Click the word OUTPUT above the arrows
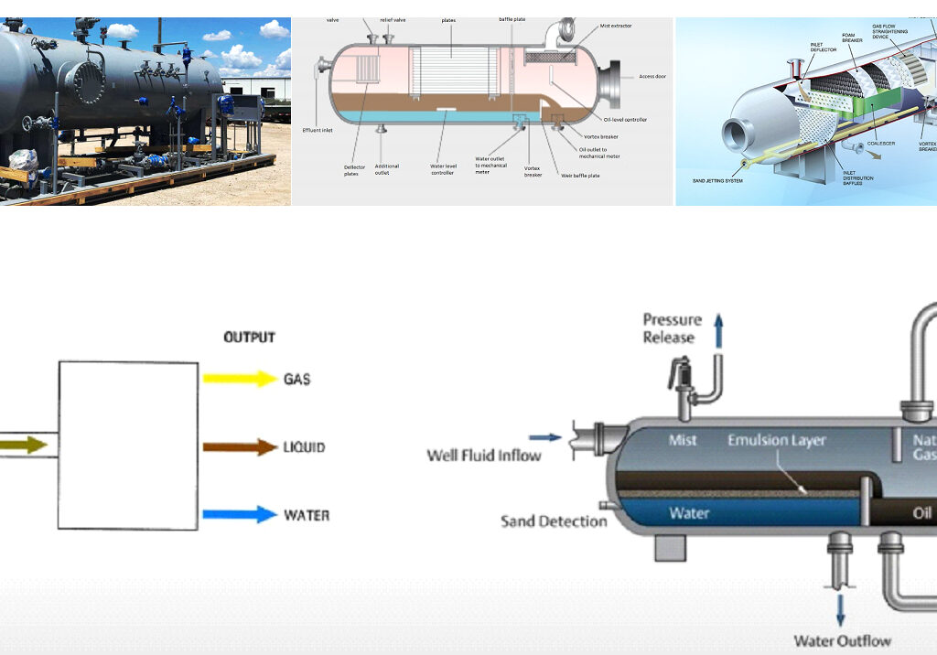point(249,338)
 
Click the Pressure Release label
point(672,328)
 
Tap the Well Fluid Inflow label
point(484,455)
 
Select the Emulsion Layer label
point(776,440)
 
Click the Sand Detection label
point(554,521)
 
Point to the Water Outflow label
point(842,640)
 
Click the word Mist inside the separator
point(683,440)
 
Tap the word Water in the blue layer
point(690,512)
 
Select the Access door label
point(652,76)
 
